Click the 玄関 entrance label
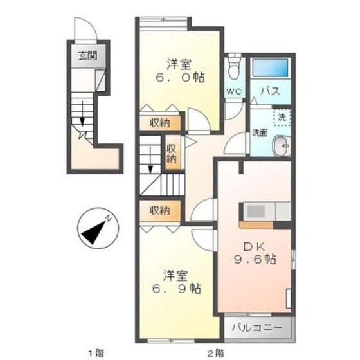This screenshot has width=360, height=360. click(87, 56)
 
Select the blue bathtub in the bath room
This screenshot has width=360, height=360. click(270, 68)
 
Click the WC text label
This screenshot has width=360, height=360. click(234, 91)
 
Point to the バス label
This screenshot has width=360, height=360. click(270, 91)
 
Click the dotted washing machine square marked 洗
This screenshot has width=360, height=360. click(282, 117)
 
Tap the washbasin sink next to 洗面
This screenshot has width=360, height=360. click(282, 146)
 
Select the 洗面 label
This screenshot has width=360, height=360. click(260, 133)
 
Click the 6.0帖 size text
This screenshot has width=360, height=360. click(180, 77)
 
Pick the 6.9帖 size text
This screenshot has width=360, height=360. click(177, 288)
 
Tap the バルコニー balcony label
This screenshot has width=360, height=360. click(256, 328)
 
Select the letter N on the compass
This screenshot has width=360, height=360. click(109, 218)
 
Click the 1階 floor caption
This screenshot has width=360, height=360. click(96, 352)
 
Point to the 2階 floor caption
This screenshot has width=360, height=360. click(216, 352)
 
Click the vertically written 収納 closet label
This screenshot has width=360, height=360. click(171, 153)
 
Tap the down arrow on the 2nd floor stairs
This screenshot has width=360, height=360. click(150, 160)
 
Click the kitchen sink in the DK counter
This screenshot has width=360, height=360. click(256, 211)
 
